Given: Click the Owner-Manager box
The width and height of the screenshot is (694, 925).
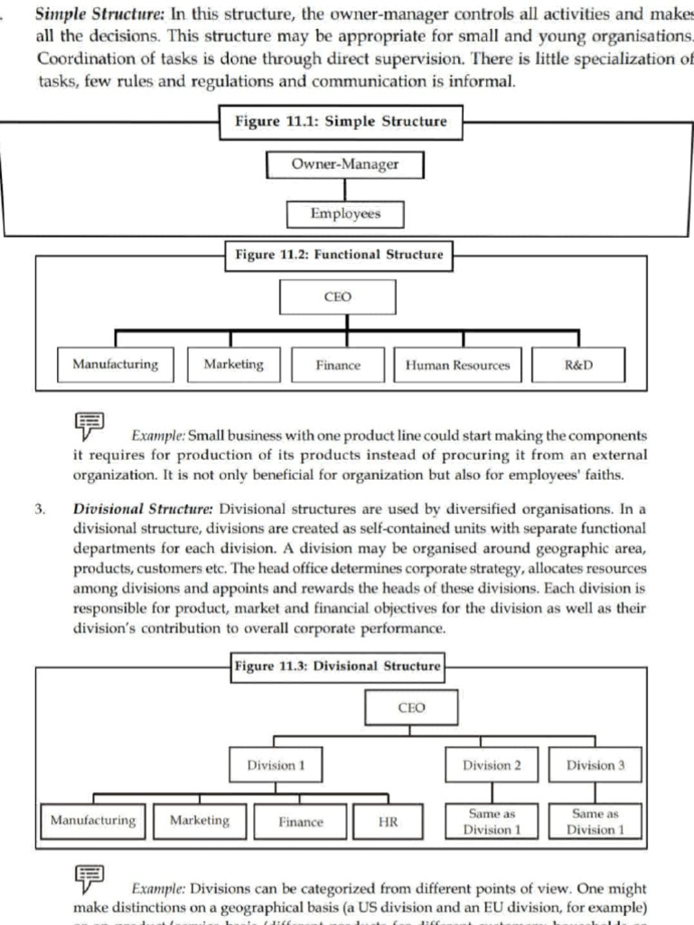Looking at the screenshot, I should coord(345,165).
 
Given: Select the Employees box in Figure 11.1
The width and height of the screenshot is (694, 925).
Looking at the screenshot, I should coord(345,214).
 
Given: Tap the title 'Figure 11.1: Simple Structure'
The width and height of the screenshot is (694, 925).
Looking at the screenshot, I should coord(341,122).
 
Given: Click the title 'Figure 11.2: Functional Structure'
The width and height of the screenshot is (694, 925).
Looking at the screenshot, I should coord(339,255).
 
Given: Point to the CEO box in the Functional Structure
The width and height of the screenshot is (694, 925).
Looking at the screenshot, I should coord(337,297).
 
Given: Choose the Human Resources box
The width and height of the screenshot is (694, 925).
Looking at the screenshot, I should coord(457,365).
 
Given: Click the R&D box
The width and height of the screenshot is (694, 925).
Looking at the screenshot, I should coord(577,365).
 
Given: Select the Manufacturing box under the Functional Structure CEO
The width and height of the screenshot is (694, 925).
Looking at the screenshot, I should coord(116,365).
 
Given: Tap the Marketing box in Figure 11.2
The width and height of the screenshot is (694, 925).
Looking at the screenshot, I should coord(234,365).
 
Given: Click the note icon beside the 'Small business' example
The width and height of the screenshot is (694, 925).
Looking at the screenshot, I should coord(89,425).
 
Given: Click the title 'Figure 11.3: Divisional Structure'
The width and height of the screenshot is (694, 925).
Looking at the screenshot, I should coord(338,667).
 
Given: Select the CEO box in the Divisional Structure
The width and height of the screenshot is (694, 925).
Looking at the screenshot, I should coord(410,708).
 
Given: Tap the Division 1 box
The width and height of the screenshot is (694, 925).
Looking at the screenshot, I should coord(276,765).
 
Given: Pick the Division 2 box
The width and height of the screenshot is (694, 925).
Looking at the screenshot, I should coord(492,765).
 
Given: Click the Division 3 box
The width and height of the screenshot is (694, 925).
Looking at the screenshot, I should coord(595,765).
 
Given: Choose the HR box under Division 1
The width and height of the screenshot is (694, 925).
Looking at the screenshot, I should coord(388,821).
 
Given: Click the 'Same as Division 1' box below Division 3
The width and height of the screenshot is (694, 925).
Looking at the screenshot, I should coord(595,821).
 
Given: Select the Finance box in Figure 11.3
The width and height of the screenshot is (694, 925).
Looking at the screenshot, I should coord(301,821).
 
